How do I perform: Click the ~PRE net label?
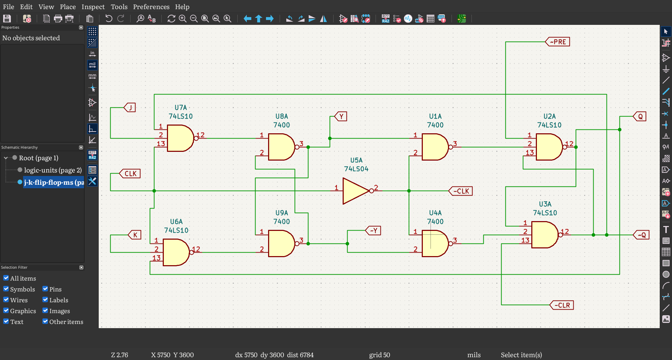tap(558, 42)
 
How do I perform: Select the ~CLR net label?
tap(561, 305)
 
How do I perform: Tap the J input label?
tap(129, 107)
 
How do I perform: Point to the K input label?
tap(135, 235)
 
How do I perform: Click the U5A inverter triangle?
tap(356, 191)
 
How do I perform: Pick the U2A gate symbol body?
tap(549, 147)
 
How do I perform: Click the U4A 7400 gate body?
tap(435, 243)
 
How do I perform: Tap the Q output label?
tap(640, 117)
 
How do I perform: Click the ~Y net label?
tap(373, 231)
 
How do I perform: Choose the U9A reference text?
tap(282, 213)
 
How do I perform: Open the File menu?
tap(8, 7)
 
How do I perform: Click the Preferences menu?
tap(151, 7)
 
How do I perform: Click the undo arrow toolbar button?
tap(109, 19)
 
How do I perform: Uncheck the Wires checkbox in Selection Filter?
tap(6, 300)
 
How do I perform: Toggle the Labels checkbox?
tap(45, 300)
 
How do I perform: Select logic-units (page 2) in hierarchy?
tap(53, 170)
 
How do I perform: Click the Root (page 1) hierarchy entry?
tap(38, 158)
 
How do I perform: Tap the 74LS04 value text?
tap(356, 169)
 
